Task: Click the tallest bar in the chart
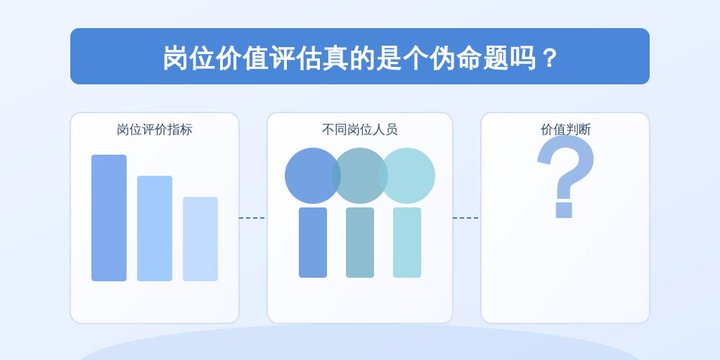(x=109, y=218)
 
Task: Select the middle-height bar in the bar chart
(x=155, y=229)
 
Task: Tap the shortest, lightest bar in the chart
(x=200, y=239)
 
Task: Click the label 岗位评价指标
(x=154, y=129)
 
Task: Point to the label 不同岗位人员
(x=359, y=129)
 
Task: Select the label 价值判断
(x=565, y=129)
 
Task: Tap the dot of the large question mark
(x=564, y=210)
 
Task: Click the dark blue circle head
(x=313, y=175)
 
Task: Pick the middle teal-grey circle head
(x=360, y=175)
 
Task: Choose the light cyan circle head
(x=407, y=175)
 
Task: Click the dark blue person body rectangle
(x=313, y=243)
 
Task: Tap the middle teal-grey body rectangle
(x=360, y=243)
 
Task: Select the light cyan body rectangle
(x=407, y=243)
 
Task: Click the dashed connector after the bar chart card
(x=253, y=218)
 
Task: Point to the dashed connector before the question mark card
(x=467, y=218)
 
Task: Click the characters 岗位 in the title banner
(x=190, y=58)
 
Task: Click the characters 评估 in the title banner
(x=296, y=58)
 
